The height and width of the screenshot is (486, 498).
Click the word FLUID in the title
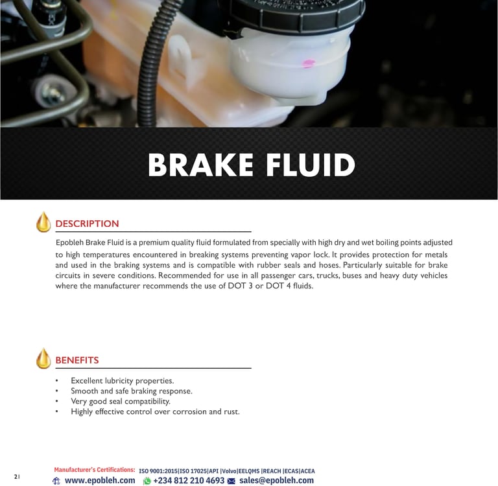[311, 165]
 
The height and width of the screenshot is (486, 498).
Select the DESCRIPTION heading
[87, 224]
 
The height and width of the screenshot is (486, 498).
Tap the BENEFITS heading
[77, 360]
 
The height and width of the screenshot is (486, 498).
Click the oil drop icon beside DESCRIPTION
[43, 222]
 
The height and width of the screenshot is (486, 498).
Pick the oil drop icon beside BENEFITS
[43, 358]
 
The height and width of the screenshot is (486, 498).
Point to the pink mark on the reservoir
[309, 64]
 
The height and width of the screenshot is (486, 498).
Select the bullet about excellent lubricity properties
[122, 380]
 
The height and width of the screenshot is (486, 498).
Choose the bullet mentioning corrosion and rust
[155, 411]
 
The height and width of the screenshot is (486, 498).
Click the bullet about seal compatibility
[121, 401]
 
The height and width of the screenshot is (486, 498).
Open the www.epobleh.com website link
[100, 480]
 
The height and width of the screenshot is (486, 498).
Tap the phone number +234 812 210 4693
[189, 480]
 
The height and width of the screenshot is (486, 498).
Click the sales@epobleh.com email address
[276, 480]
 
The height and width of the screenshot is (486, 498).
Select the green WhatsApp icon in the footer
[147, 481]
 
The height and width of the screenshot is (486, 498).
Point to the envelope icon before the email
[231, 481]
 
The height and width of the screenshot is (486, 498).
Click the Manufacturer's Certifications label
[95, 470]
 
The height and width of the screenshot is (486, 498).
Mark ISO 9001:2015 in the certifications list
[158, 470]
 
